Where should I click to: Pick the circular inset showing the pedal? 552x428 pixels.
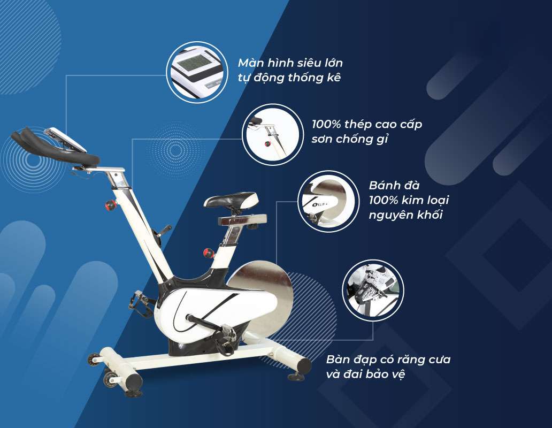coord(373,291)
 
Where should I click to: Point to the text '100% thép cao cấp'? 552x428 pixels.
coord(366,125)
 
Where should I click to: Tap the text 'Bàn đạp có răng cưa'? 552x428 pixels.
coord(388,359)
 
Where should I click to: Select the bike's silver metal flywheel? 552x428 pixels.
coord(266,300)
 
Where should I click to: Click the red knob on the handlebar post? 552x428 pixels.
coord(111,205)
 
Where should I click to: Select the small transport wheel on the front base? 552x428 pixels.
coord(96,359)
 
